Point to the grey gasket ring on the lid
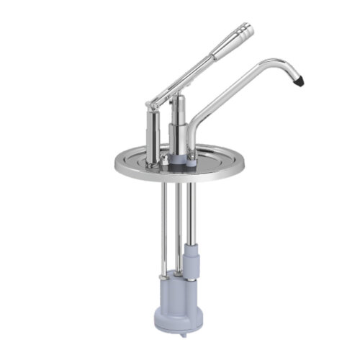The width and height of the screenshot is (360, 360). (x=180, y=162)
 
